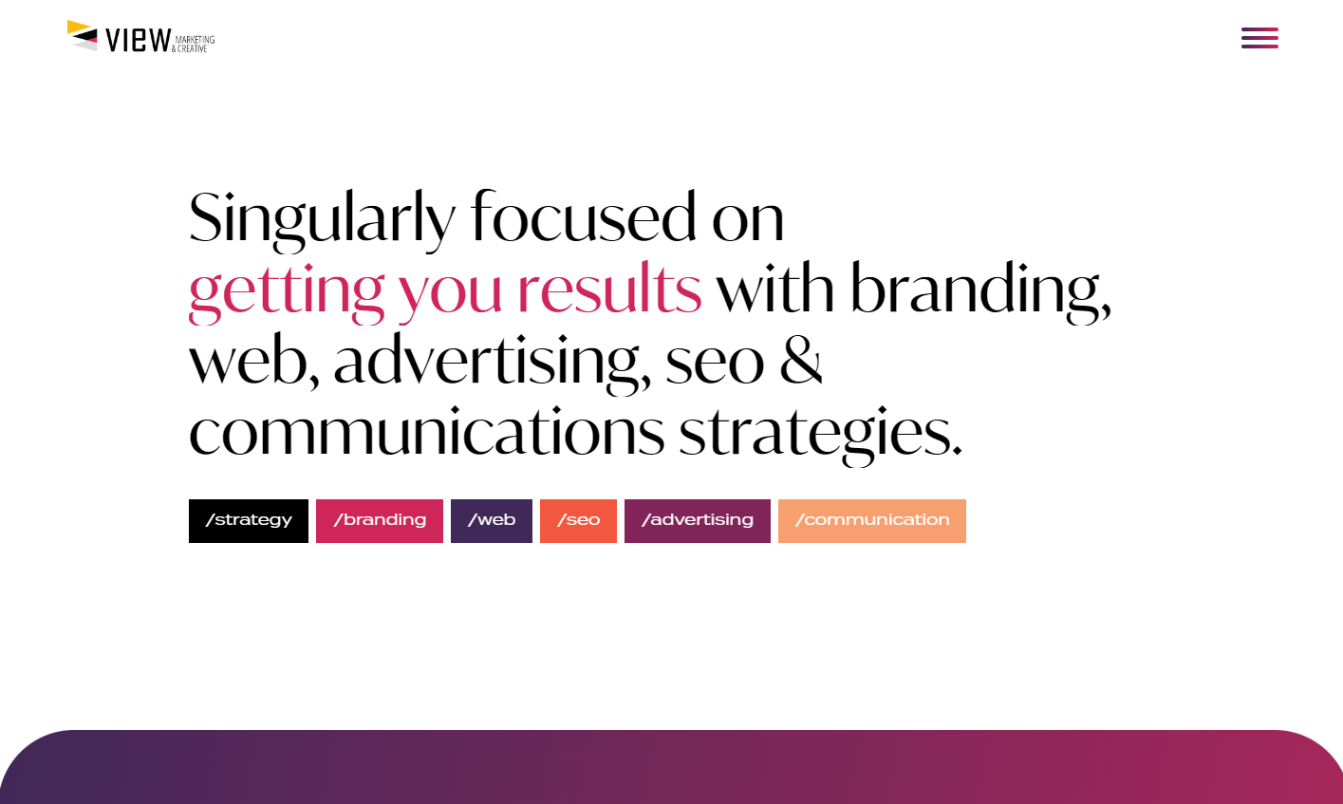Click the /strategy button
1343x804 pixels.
coord(249,520)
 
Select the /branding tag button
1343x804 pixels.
coord(380,520)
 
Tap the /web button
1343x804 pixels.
coord(492,520)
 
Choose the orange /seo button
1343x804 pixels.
coord(579,520)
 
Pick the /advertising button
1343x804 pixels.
coord(698,520)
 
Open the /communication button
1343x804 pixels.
coord(871,520)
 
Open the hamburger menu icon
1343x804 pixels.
coord(1259,38)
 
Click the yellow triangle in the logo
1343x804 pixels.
coord(76,27)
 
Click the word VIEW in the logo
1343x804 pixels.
coord(139,40)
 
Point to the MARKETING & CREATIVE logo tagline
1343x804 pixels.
coord(193,45)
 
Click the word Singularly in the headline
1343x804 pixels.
coord(322,219)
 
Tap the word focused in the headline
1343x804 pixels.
coord(584,215)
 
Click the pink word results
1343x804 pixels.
coord(609,288)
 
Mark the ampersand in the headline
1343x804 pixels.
coord(801,360)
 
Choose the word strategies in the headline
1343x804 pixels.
coord(820,434)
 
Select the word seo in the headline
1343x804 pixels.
coord(715,364)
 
